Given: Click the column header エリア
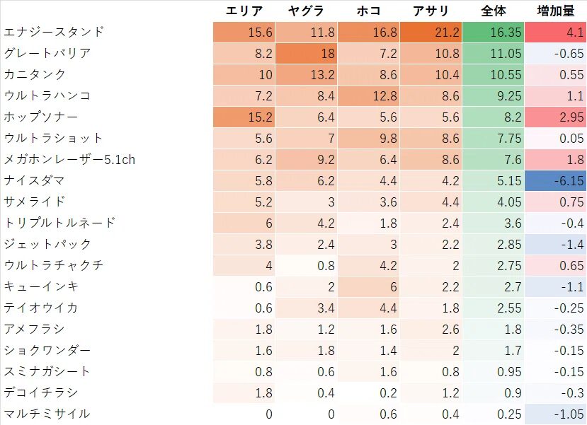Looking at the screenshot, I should click(x=244, y=11).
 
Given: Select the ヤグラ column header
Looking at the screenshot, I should click(x=306, y=11).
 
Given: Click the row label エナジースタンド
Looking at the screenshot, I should click(x=54, y=32).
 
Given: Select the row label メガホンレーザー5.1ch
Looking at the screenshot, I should click(x=69, y=159).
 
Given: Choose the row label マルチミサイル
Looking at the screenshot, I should click(x=47, y=414).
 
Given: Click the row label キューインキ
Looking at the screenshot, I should click(x=41, y=286).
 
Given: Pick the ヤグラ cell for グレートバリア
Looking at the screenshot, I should click(x=306, y=53).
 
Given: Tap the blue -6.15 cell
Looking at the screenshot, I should click(x=555, y=180).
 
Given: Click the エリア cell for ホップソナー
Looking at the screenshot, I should click(x=244, y=117).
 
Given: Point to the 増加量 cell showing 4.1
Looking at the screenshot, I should click(x=555, y=32).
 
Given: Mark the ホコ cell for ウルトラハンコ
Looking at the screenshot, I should click(x=368, y=95).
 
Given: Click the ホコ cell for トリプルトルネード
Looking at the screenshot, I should click(x=368, y=223).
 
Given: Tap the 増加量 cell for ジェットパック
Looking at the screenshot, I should click(x=555, y=244).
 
